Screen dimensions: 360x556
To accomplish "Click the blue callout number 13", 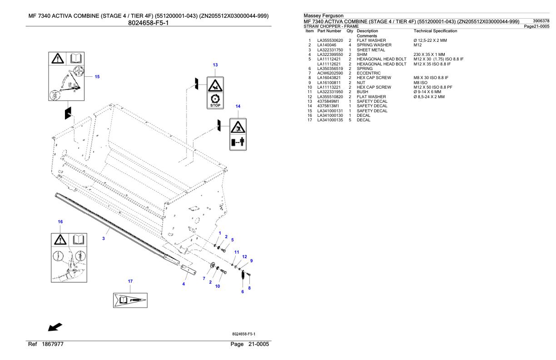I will pos(215,65).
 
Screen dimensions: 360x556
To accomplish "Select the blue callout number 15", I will pos(97,77).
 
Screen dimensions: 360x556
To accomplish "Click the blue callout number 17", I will pos(130,281).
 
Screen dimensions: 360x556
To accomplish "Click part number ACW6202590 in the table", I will pos(330,73).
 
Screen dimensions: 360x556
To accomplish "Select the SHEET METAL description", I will pos(371,50).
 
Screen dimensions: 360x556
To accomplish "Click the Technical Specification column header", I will pos(435,31).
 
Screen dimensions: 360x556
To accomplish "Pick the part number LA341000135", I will pos(330,120).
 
